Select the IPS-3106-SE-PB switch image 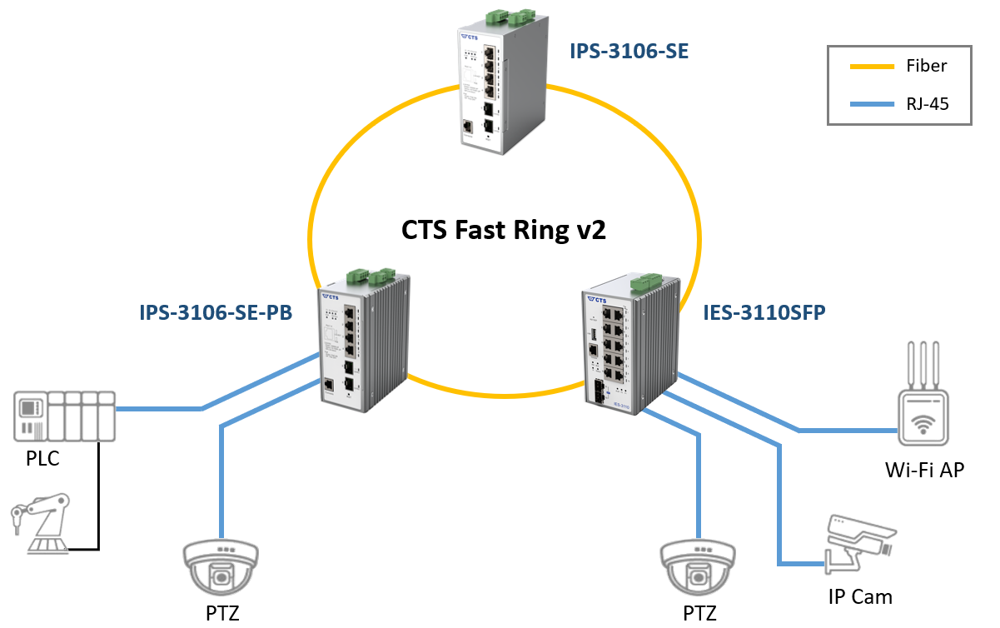(364, 341)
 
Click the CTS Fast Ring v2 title (504, 230)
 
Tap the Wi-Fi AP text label (924, 470)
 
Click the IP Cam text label (860, 596)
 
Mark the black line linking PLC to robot (98, 500)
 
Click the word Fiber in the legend (926, 66)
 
